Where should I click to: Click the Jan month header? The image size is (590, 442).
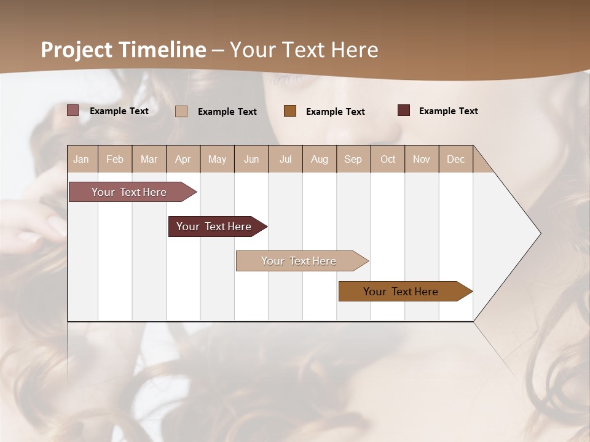(x=82, y=159)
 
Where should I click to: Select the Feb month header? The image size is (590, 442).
(x=115, y=159)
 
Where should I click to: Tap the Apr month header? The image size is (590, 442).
(x=183, y=159)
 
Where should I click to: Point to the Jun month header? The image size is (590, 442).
(x=251, y=159)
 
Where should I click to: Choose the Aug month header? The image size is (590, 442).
(x=320, y=159)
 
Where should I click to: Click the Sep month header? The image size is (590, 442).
(x=353, y=159)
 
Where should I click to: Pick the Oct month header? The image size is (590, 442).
(x=388, y=159)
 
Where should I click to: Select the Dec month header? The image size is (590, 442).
(x=456, y=159)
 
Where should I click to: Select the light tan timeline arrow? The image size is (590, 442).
(x=300, y=261)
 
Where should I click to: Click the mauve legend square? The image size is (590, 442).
(x=73, y=110)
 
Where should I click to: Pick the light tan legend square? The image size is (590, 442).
(x=181, y=111)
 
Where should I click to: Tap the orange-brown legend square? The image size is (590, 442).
(x=290, y=110)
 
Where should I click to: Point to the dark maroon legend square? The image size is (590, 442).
(x=404, y=110)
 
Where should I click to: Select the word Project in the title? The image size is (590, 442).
(x=76, y=50)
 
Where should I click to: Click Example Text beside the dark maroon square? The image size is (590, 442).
(x=448, y=111)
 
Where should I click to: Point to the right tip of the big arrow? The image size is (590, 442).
(x=539, y=233)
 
